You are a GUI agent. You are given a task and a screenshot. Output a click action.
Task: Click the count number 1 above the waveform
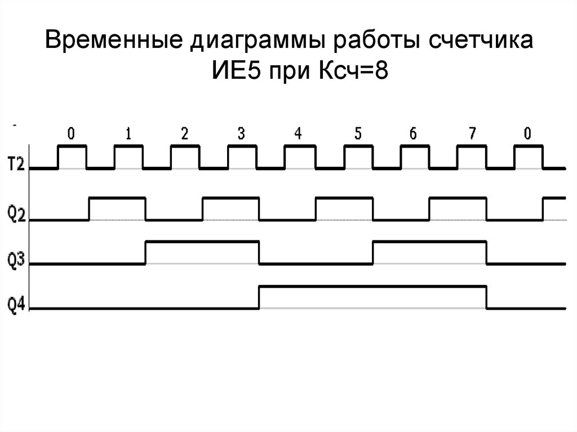click(x=128, y=134)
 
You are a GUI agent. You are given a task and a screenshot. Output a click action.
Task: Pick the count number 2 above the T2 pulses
click(x=185, y=134)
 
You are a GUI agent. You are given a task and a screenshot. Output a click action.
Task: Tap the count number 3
click(x=242, y=134)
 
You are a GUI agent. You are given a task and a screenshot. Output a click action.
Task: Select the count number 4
click(x=298, y=134)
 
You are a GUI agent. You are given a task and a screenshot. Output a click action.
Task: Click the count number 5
click(x=358, y=134)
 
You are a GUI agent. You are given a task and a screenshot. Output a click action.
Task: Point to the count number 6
click(x=414, y=134)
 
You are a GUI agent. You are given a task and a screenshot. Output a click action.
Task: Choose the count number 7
click(x=472, y=134)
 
